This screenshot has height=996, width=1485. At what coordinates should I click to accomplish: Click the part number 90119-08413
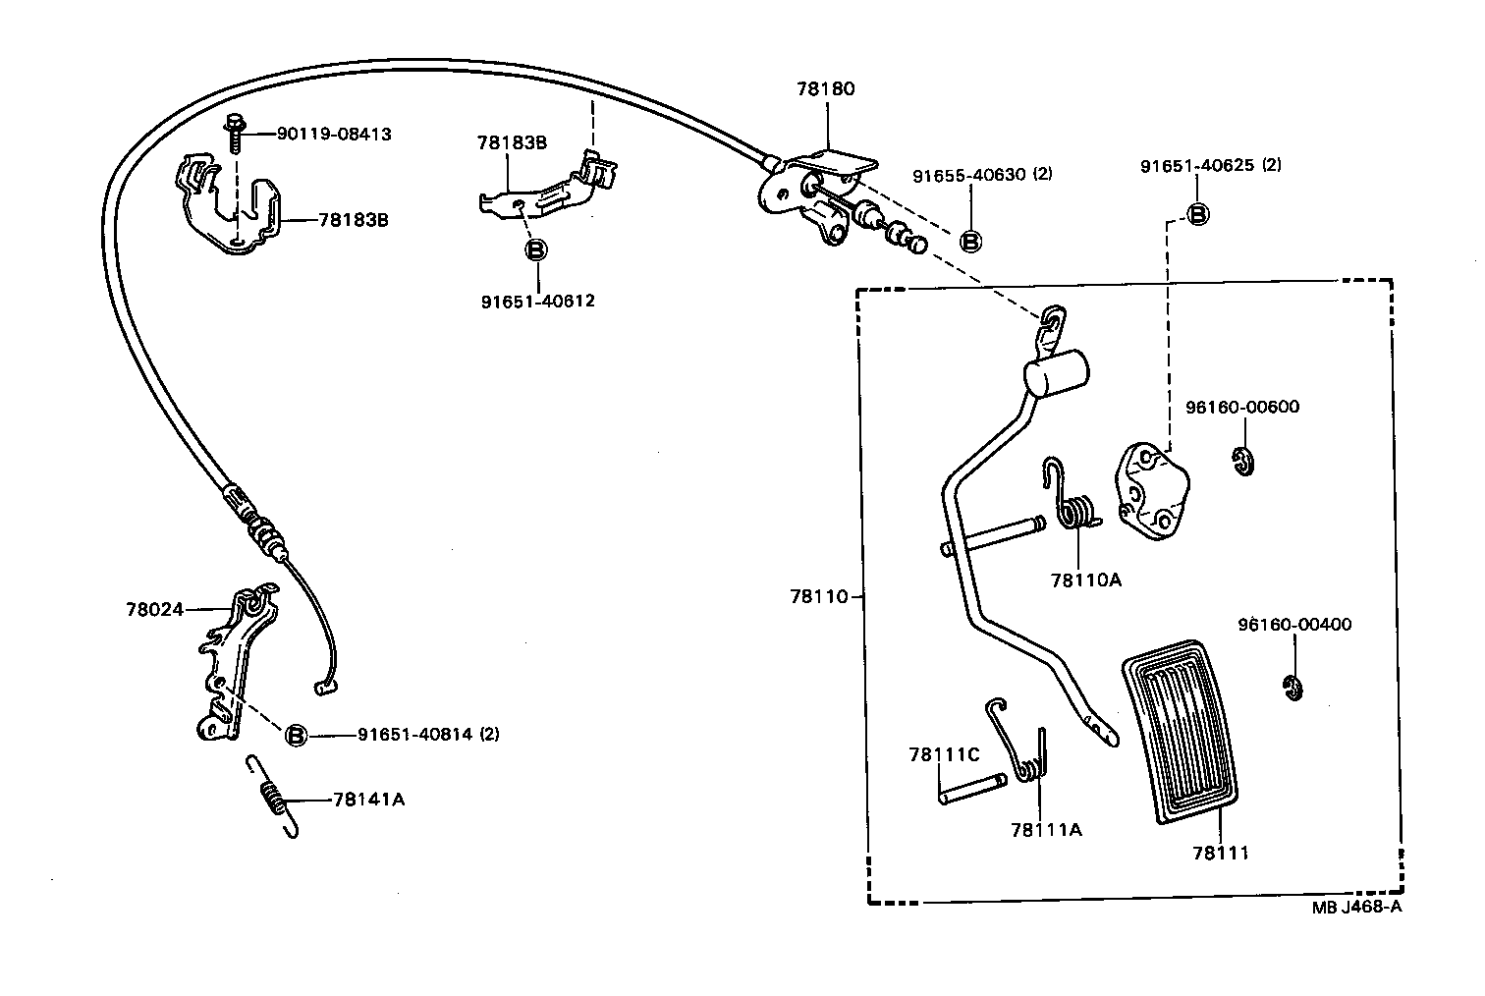tap(333, 134)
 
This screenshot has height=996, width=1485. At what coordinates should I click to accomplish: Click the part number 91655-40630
tap(968, 175)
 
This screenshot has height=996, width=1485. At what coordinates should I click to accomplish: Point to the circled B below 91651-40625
tap(1197, 214)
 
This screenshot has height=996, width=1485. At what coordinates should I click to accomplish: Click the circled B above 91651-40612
tap(536, 250)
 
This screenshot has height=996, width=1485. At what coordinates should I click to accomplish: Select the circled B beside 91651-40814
tap(296, 734)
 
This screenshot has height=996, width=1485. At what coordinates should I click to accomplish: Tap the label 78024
tap(154, 609)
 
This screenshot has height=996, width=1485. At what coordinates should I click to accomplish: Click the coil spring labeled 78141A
tap(274, 797)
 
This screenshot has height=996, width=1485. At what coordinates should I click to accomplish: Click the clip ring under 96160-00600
tap(1244, 461)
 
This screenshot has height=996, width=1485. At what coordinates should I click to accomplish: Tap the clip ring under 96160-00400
tap(1292, 689)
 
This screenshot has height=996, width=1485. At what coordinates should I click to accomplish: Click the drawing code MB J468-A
tap(1356, 907)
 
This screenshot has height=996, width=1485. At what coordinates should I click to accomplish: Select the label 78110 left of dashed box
tap(817, 595)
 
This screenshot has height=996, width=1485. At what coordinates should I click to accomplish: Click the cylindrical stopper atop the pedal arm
tap(1057, 374)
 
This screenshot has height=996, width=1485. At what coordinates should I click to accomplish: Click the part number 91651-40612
tap(537, 301)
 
